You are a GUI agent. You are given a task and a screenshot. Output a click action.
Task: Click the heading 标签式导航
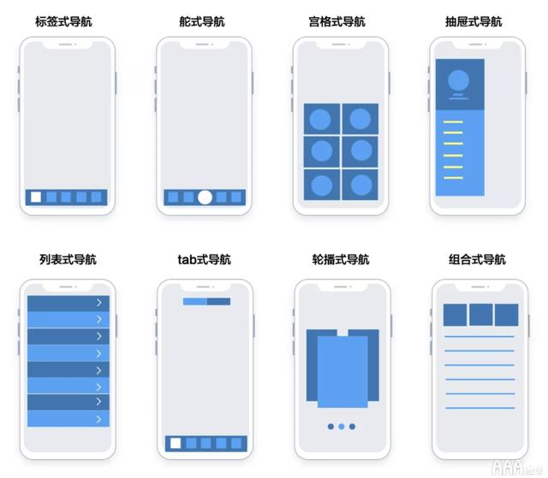tap(67, 21)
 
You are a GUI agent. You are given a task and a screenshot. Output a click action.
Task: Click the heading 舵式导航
tap(204, 21)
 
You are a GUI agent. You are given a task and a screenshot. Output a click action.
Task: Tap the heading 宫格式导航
tap(341, 21)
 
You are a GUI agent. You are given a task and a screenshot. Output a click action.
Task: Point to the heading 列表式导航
tap(68, 260)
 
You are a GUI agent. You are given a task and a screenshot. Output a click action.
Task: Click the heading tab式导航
tap(204, 260)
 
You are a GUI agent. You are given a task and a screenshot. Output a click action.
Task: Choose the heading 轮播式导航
tap(341, 260)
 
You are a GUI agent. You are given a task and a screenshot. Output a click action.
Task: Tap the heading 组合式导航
tap(477, 260)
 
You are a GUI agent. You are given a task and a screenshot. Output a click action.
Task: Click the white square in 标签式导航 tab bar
tap(36, 197)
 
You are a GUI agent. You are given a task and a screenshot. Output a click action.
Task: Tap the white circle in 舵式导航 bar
tap(205, 198)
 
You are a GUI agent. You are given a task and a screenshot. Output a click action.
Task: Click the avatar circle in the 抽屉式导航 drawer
tap(459, 80)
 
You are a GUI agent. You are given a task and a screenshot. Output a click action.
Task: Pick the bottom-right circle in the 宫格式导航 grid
tap(360, 184)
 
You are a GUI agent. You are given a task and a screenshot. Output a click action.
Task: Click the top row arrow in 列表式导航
tap(98, 303)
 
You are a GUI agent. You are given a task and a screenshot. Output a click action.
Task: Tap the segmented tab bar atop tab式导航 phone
tap(206, 301)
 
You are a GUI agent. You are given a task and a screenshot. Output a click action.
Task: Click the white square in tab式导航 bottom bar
tap(176, 443)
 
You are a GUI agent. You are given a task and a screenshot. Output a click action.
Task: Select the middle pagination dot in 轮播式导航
tap(341, 426)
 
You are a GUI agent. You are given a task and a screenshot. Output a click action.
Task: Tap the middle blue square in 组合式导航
tap(480, 315)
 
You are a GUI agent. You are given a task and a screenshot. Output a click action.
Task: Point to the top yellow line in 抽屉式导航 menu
tap(453, 122)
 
